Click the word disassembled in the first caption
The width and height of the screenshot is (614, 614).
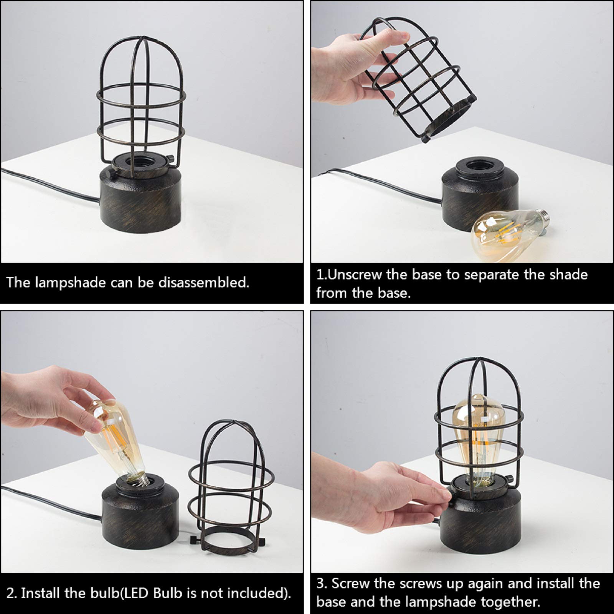pos(203,283)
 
